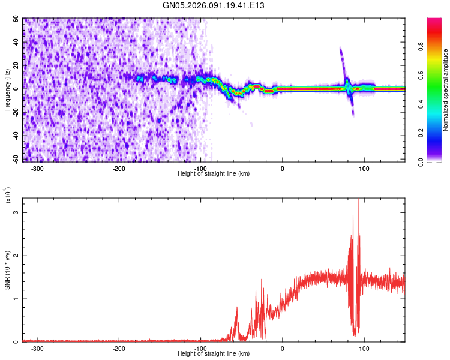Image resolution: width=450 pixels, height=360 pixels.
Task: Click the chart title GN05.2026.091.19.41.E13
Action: pos(214,6)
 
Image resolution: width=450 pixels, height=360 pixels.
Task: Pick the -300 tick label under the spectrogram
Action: pos(37,169)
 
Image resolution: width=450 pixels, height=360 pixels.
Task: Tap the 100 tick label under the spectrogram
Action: pos(364,169)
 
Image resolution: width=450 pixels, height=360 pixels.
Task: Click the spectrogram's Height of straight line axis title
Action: pos(214,174)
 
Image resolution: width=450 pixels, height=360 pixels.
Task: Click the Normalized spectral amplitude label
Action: pos(446,90)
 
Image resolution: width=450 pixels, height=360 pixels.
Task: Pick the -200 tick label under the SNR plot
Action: pos(119,349)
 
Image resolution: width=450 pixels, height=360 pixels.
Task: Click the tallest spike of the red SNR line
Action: pos(359,200)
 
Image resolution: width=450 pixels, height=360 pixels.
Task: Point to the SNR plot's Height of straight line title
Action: pos(214,354)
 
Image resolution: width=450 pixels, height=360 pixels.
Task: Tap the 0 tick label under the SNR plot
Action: pos(283,349)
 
